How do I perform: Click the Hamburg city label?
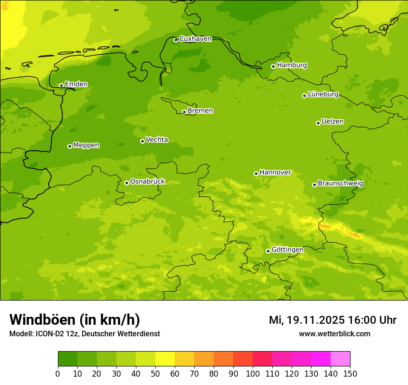(x=292, y=65)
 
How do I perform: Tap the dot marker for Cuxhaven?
(x=176, y=40)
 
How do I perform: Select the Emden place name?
(x=76, y=84)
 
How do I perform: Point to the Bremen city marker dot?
(x=184, y=112)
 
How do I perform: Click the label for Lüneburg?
(x=323, y=94)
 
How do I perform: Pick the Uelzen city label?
(x=332, y=122)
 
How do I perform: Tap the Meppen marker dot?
(x=70, y=146)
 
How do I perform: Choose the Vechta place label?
(x=157, y=140)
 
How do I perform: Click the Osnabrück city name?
(x=147, y=181)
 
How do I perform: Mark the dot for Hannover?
(x=256, y=174)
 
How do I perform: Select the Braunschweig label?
(x=340, y=183)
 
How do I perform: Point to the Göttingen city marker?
(x=268, y=251)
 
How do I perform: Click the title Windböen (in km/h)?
(x=75, y=320)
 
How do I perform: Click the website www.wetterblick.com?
(x=334, y=334)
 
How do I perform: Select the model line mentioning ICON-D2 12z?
(x=84, y=334)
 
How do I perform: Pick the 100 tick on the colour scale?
(x=253, y=373)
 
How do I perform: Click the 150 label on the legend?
(x=350, y=373)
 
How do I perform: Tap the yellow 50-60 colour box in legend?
(x=165, y=359)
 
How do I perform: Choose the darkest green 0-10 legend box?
(x=68, y=359)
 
